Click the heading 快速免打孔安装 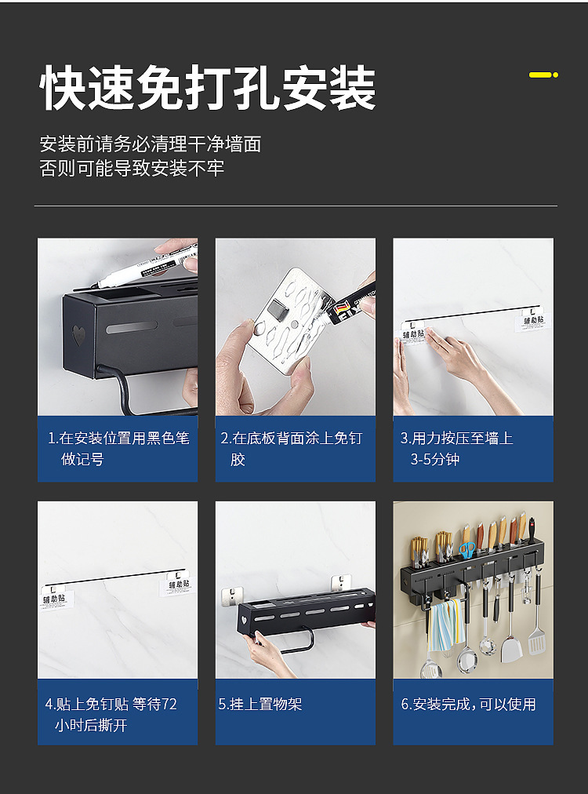[208, 88]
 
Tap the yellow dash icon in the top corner [543, 75]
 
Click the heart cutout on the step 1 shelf [78, 335]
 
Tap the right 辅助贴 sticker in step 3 [533, 320]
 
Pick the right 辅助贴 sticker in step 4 [176, 583]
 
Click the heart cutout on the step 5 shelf [243, 621]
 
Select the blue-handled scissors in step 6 [467, 549]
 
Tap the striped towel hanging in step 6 [445, 626]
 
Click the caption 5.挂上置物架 [260, 704]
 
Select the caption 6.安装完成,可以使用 [469, 704]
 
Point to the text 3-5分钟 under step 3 [434, 459]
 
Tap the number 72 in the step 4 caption [169, 704]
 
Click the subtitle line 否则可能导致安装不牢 [132, 168]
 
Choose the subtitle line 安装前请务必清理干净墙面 [151, 144]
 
